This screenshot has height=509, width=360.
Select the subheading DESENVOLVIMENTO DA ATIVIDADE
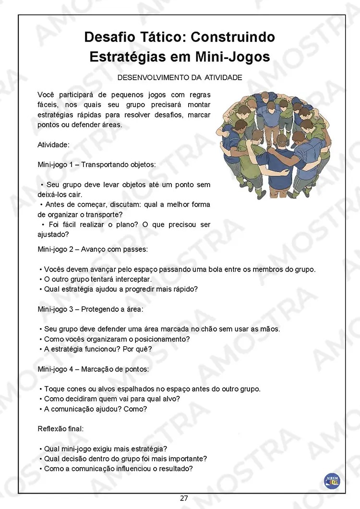pos(180,77)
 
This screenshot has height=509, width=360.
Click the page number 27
pos(184,498)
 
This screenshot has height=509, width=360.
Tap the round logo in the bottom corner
pos(332,480)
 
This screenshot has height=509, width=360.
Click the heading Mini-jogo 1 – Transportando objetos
pos(96,164)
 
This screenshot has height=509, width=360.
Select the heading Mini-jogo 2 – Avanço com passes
pos(93,249)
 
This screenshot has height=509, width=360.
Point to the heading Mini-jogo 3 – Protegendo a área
pos(90,309)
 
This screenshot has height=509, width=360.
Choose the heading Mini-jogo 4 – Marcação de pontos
pos(93,369)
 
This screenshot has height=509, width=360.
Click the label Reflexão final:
pos(60,428)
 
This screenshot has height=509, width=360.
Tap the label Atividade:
pos(53,144)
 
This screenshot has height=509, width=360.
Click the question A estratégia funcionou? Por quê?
pos(98,349)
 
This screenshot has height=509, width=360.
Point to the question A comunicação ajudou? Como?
pos(96,409)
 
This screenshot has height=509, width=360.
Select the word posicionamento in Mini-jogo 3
pos(164,339)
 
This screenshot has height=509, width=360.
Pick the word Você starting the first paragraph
pos(46,95)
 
